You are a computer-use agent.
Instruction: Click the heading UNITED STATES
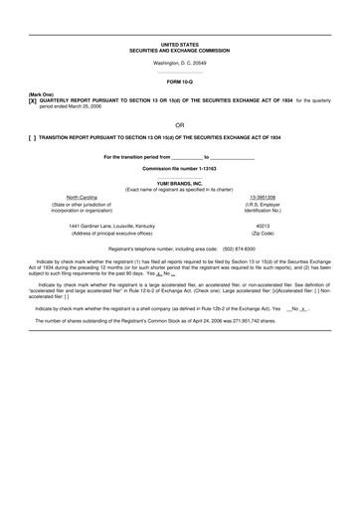click(x=179, y=45)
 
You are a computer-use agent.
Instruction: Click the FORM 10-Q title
click(x=179, y=82)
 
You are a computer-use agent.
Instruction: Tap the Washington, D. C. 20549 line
click(x=179, y=64)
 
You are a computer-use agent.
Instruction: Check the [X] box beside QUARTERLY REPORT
click(x=32, y=101)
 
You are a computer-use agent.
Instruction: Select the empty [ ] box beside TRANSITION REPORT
click(x=32, y=137)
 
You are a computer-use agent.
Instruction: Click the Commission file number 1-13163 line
click(x=179, y=169)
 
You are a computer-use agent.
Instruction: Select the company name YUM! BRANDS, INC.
click(x=179, y=182)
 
